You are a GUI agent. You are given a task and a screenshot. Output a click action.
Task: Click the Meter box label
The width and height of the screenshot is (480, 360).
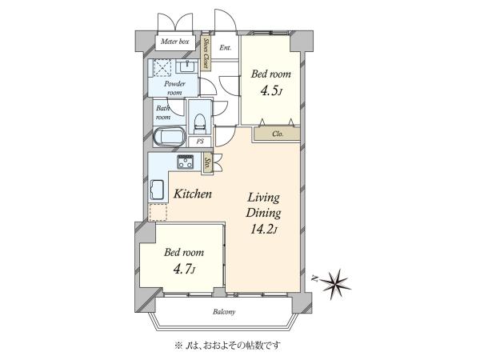click(x=174, y=42)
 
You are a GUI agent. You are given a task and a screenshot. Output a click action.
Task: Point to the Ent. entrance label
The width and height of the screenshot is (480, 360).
click(x=226, y=48)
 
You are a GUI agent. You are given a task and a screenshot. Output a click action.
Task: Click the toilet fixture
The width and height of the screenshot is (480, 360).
click(x=199, y=123)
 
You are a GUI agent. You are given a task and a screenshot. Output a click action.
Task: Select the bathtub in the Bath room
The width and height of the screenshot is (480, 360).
click(x=170, y=137)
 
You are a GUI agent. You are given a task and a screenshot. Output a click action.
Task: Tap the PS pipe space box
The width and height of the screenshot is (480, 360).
click(x=200, y=142)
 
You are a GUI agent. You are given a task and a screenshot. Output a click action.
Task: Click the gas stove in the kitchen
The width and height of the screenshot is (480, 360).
click(x=186, y=162)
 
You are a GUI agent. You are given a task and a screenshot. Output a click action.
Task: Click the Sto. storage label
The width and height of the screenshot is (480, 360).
click(x=207, y=163)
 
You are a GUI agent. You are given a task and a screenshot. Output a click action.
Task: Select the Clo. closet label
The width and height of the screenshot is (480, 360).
click(x=278, y=134)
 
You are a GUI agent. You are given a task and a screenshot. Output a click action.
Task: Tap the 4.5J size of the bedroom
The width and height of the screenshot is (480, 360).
click(x=270, y=90)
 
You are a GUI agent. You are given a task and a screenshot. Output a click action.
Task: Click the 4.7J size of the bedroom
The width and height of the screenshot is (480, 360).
click(x=184, y=270)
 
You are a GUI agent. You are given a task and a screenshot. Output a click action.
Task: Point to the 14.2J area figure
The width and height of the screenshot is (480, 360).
click(x=263, y=229)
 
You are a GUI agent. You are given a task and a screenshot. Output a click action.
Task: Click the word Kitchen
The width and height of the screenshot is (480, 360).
click(x=193, y=194)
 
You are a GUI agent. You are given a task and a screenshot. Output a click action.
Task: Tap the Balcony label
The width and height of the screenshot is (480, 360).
click(x=224, y=312)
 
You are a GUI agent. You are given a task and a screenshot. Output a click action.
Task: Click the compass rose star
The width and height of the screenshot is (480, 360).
click(x=334, y=283)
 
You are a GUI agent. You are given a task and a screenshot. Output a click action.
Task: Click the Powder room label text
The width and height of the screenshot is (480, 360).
click(x=174, y=88)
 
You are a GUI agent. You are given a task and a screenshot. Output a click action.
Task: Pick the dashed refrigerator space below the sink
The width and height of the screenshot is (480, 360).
click(x=158, y=212)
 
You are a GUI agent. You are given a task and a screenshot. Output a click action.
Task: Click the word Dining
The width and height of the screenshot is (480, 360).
click(x=263, y=213)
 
